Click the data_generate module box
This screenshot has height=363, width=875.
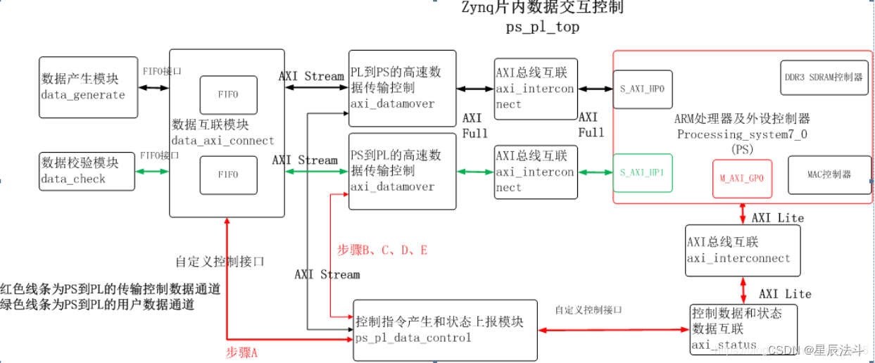pos(88,87)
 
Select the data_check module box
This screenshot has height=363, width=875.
pos(87,170)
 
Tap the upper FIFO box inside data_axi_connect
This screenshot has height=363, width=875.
pos(229,94)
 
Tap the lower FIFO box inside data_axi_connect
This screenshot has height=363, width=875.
pos(229,175)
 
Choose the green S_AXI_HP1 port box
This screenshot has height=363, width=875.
pos(642,172)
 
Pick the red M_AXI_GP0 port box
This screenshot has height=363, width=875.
pos(741,179)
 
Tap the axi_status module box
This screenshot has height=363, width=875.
pos(743,328)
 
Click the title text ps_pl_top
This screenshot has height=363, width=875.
pos(542,27)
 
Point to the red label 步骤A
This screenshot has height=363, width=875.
pos(241,352)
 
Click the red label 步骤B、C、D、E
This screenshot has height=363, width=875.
pos(382,250)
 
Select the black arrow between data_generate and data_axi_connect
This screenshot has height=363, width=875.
pos(153,88)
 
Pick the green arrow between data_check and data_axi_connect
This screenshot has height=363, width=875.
pos(152,171)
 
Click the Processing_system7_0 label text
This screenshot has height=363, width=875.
pos(742,134)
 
